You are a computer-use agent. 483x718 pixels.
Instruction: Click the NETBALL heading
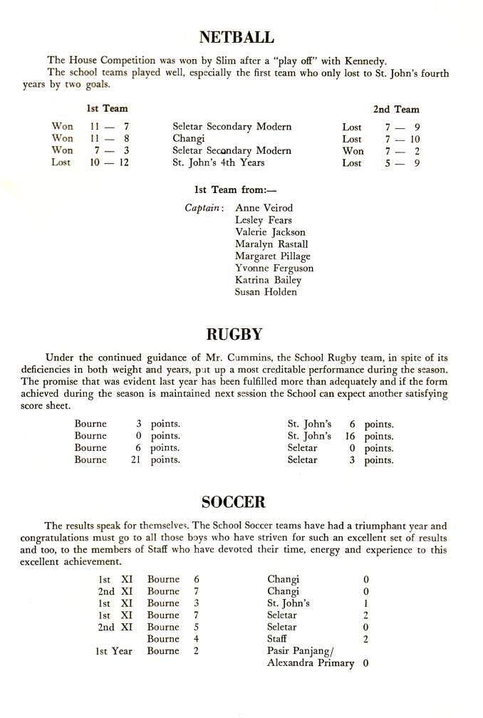point(237,37)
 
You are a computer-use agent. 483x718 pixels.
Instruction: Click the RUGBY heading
point(234,334)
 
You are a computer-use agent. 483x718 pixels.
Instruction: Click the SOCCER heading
point(233,502)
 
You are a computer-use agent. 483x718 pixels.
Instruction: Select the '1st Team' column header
point(107,108)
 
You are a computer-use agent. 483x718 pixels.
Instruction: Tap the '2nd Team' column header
point(396,109)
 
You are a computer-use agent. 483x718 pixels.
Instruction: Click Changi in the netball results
point(188,139)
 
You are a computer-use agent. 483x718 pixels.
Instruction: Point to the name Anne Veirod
point(264,208)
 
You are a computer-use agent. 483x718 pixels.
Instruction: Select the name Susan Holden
point(265,292)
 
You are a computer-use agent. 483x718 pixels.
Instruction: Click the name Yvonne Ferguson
point(274,268)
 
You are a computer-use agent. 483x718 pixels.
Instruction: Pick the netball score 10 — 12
point(109,163)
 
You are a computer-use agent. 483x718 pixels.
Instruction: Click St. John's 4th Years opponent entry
point(218,163)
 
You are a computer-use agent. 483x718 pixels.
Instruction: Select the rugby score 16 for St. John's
point(349,436)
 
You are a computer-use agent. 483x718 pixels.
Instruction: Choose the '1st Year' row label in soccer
point(114,651)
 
